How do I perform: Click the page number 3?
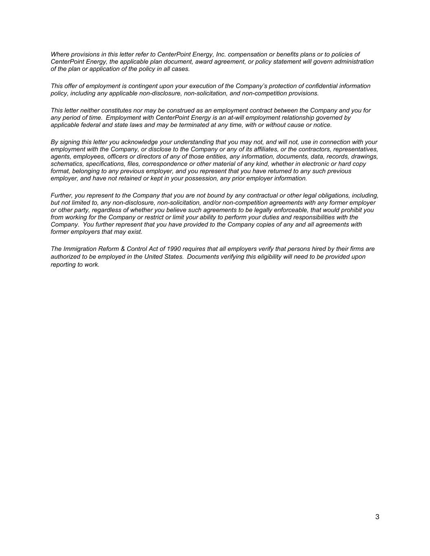[377, 517]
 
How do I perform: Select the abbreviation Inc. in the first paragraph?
[221, 54]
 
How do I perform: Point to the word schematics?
[65, 164]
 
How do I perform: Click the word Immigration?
[80, 249]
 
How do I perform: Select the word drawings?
[366, 157]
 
